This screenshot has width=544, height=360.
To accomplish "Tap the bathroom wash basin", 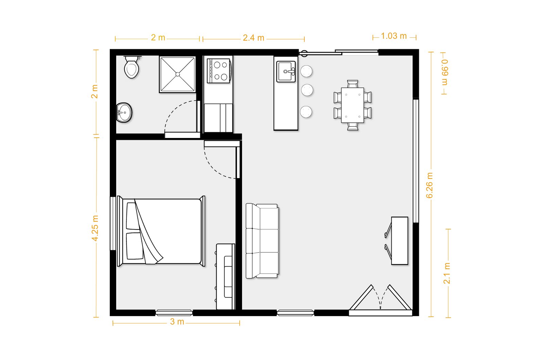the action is (x=124, y=113).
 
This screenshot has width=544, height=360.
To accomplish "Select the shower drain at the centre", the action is (x=177, y=74).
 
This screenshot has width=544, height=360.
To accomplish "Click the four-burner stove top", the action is (x=218, y=71).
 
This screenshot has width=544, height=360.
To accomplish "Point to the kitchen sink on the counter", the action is (x=286, y=71).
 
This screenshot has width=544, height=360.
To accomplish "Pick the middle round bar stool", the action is (x=307, y=90).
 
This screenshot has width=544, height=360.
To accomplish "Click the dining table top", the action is (x=353, y=105).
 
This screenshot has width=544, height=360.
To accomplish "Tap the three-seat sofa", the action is (x=262, y=241).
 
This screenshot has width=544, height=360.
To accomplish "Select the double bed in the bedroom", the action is (x=161, y=231).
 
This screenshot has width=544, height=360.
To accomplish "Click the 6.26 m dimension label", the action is (x=429, y=185).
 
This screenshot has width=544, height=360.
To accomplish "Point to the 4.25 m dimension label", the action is (x=95, y=228).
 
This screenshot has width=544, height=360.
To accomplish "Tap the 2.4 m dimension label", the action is (x=254, y=38).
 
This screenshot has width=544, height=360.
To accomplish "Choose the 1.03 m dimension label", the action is (x=394, y=36).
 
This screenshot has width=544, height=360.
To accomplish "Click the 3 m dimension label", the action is (x=177, y=322).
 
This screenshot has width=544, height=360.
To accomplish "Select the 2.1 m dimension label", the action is (x=447, y=273).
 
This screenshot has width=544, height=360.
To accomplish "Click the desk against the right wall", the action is (x=400, y=241).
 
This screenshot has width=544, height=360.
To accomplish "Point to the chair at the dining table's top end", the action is (x=353, y=84).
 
